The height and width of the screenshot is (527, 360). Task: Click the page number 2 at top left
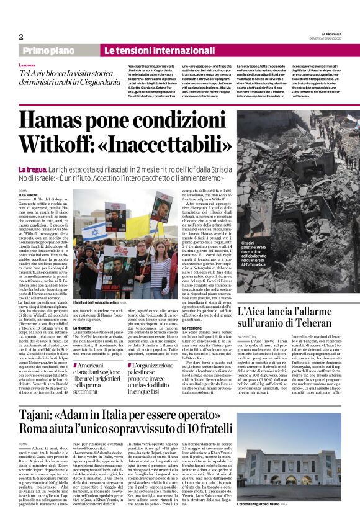coord(20,37)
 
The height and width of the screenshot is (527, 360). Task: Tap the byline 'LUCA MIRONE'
coord(29,195)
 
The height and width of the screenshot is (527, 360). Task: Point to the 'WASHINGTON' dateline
coord(248,335)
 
